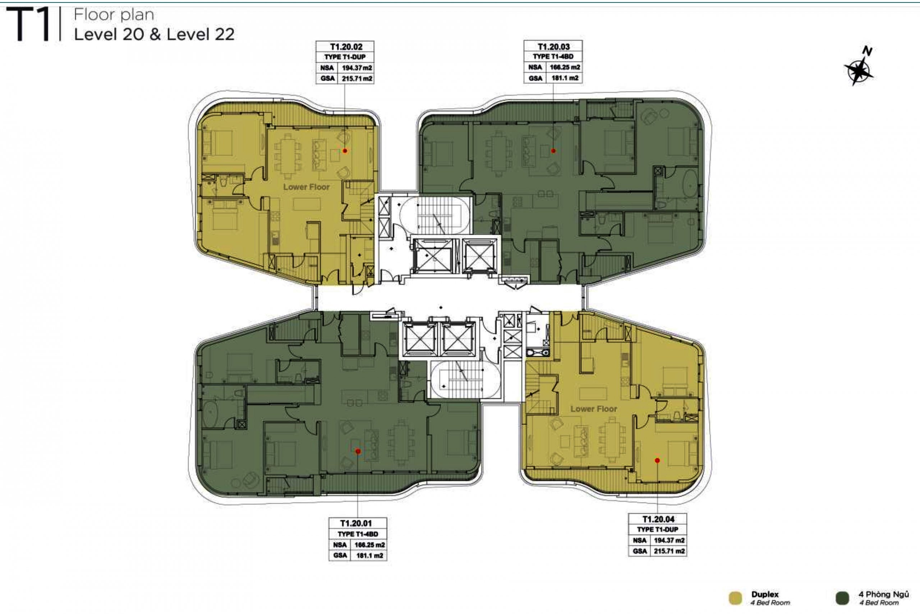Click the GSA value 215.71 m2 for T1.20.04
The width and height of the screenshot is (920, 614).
click(669, 551)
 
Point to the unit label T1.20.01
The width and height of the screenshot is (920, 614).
click(356, 523)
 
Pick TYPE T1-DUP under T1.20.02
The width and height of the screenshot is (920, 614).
click(345, 57)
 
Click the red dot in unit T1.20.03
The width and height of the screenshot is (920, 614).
click(553, 151)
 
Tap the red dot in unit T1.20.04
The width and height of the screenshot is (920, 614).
click(657, 460)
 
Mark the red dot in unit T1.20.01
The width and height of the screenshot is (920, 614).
click(358, 451)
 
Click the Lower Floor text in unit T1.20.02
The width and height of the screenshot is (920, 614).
click(307, 187)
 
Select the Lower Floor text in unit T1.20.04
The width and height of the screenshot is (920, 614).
click(594, 409)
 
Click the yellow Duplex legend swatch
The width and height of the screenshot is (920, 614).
click(735, 598)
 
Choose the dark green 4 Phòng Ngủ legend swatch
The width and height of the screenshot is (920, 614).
click(842, 598)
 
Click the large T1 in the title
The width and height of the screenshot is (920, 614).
click(28, 25)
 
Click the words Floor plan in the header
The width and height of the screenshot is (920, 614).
click(114, 15)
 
